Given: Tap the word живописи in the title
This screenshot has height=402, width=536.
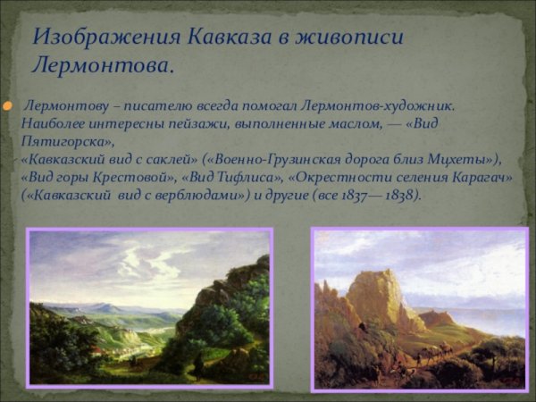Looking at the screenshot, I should tap(357, 37).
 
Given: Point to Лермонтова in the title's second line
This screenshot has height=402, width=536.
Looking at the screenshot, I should tap(101, 65).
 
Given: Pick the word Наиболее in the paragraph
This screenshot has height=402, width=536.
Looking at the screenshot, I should tap(53, 124).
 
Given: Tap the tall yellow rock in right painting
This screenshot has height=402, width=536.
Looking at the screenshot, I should tap(374, 295).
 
